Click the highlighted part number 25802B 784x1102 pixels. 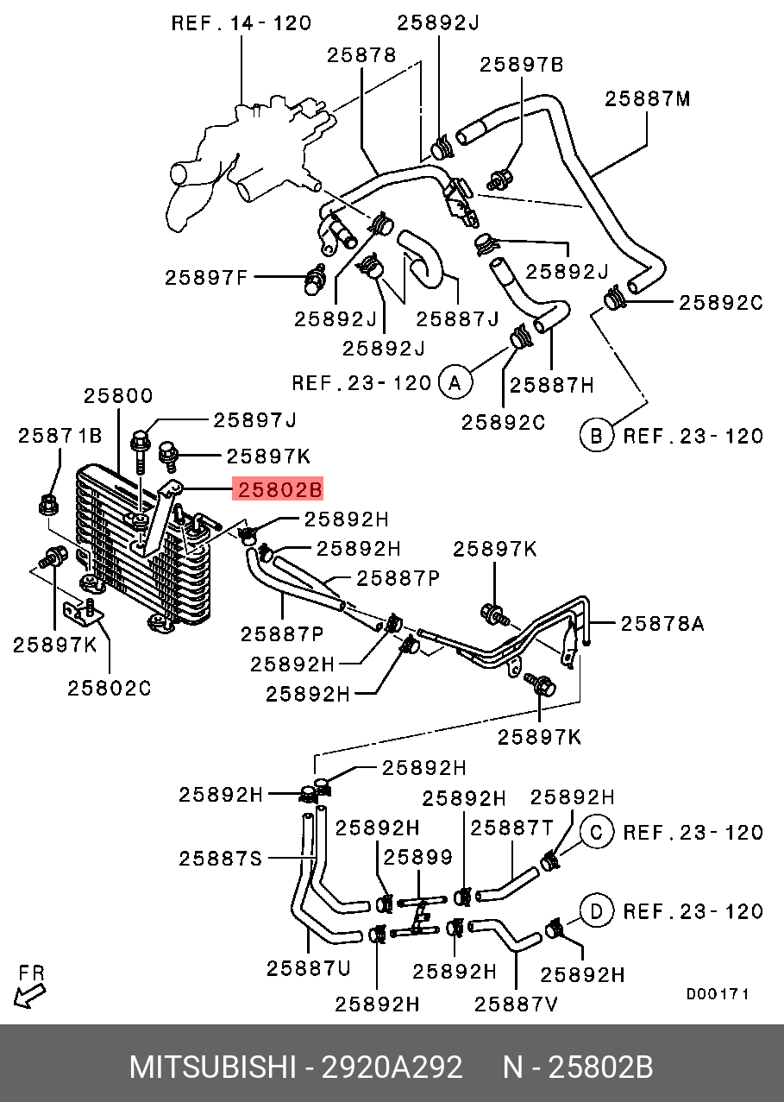point(280,490)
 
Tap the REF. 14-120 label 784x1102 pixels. point(241,23)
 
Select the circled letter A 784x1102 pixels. point(455,382)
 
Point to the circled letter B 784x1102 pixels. point(595,435)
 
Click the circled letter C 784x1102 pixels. point(595,832)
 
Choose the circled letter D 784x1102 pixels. point(595,910)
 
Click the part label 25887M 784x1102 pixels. point(648,98)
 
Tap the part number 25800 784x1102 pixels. point(118,396)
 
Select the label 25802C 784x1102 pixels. point(110,688)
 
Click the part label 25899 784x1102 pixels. point(418,857)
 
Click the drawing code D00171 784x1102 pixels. point(718,994)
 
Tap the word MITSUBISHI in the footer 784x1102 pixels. point(212,1067)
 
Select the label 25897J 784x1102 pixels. point(255,420)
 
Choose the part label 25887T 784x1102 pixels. point(512,827)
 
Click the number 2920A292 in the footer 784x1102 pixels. point(392,1067)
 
